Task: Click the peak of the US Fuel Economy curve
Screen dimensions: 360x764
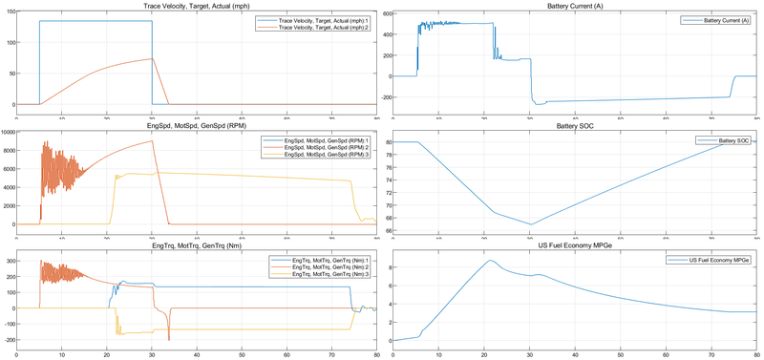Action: tap(490, 261)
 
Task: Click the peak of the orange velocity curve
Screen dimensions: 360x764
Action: tap(152, 59)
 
